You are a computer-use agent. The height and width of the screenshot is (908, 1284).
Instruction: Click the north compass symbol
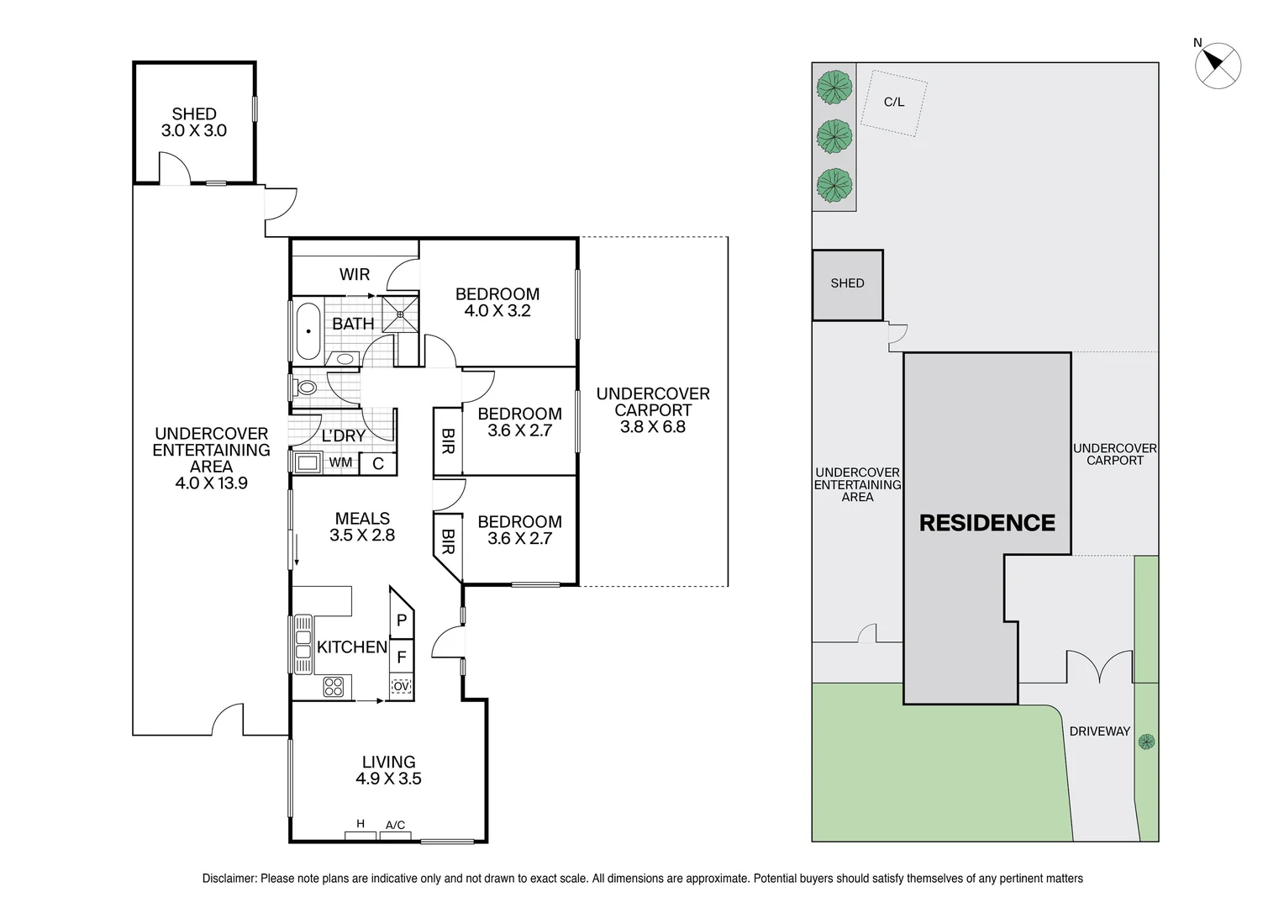(x=1218, y=65)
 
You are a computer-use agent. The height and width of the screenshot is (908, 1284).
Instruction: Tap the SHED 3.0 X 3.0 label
(x=194, y=122)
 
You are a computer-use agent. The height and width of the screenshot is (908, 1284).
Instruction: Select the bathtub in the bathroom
(x=307, y=330)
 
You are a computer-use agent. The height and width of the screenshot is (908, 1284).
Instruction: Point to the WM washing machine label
(x=340, y=462)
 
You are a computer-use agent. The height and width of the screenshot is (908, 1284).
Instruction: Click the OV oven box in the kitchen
(x=402, y=687)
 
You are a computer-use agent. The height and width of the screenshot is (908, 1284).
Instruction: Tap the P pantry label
(x=402, y=621)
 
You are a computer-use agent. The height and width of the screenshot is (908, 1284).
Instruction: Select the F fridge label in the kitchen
(x=402, y=657)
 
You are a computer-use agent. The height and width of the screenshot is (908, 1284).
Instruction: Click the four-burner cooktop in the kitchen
(x=334, y=687)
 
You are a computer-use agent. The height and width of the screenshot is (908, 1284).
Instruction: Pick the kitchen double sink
(x=303, y=644)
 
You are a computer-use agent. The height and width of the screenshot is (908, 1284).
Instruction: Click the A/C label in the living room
(x=395, y=826)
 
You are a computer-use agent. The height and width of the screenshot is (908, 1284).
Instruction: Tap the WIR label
(x=354, y=274)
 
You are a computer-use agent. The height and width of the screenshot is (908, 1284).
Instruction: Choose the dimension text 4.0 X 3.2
(x=497, y=311)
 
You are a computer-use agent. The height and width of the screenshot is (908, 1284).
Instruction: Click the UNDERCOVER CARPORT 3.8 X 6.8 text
(x=653, y=410)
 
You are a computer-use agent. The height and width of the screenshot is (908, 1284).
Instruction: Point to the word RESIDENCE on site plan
(x=987, y=523)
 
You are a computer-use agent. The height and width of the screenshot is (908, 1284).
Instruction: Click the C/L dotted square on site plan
(x=894, y=103)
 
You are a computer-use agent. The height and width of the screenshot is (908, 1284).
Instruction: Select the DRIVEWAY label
(x=1099, y=731)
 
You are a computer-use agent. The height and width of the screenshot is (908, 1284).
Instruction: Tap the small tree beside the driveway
(x=1146, y=742)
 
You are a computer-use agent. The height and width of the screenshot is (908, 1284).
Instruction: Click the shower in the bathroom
(x=400, y=313)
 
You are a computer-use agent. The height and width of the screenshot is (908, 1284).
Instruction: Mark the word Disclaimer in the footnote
(x=229, y=879)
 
